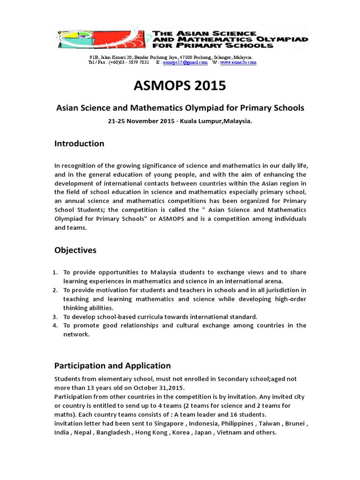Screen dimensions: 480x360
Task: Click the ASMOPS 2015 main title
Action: point(180,86)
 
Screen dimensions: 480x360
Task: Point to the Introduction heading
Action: point(79,143)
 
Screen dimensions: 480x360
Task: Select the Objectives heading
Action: point(75,250)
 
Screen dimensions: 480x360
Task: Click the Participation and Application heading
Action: point(112,366)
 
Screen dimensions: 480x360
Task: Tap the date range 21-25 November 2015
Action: point(140,121)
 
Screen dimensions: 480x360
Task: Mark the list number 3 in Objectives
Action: point(55,316)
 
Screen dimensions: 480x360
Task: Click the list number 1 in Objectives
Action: point(55,272)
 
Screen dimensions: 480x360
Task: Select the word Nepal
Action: point(84,432)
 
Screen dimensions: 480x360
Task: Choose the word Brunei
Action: point(296,423)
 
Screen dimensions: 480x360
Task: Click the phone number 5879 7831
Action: point(139,62)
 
